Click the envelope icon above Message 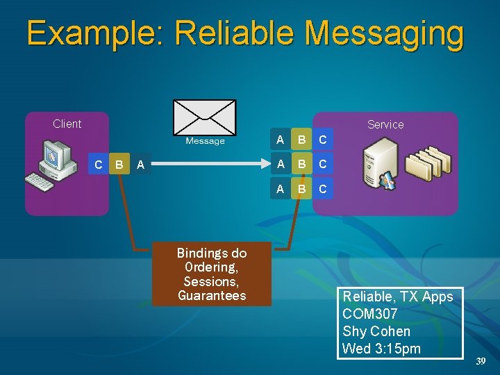coord(204,117)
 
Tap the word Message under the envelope coord(205,142)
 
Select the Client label coord(67,124)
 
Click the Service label coord(385,124)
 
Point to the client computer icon coord(57,163)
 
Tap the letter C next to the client coord(99,165)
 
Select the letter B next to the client coord(119,165)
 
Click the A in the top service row coord(280,140)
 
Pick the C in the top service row coord(323,140)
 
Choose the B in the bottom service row coord(301,188)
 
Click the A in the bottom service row coord(280,188)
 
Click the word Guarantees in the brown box coord(212,296)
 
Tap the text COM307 coord(370,314)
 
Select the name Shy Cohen coord(376,331)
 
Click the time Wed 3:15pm coord(382,349)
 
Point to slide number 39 coord(481,361)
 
